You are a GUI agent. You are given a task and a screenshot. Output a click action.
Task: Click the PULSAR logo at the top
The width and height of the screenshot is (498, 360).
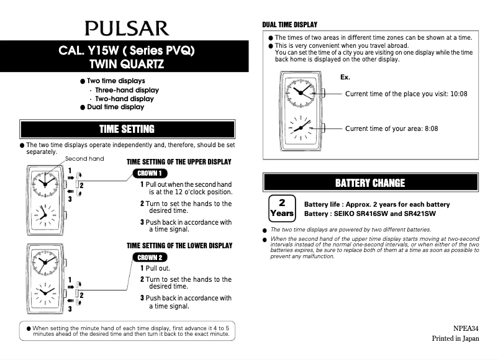pos(127,28)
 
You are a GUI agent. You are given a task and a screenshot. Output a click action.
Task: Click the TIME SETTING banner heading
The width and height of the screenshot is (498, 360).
pos(127,129)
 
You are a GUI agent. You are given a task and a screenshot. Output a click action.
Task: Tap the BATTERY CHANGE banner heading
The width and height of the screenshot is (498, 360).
pos(370,182)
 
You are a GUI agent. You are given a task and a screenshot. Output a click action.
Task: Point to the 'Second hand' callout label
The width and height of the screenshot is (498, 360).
pos(84,159)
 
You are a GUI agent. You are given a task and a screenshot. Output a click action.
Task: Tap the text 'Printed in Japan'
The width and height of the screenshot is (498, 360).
pos(455,338)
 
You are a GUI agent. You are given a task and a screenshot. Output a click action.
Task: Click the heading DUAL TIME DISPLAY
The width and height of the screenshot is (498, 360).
pos(290,25)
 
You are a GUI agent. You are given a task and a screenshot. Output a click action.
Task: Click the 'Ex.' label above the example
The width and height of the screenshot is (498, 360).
pos(345,77)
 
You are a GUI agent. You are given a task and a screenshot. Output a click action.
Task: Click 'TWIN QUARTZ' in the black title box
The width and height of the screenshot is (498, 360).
pos(127,64)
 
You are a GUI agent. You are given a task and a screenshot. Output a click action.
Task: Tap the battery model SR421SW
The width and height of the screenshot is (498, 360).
pos(420,214)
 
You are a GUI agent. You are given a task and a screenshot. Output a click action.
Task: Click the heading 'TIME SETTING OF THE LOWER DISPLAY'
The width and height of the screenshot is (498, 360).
pos(179,246)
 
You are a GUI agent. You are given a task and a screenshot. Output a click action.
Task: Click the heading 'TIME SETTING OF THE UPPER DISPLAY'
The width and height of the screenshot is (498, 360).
pos(179,162)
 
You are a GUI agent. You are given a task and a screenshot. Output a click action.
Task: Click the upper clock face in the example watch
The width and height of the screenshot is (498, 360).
pos(301,91)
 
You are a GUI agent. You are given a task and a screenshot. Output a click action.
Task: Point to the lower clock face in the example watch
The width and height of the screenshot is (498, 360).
pos(301,128)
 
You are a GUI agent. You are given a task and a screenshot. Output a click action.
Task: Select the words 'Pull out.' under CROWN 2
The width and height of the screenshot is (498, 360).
pos(158,268)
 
